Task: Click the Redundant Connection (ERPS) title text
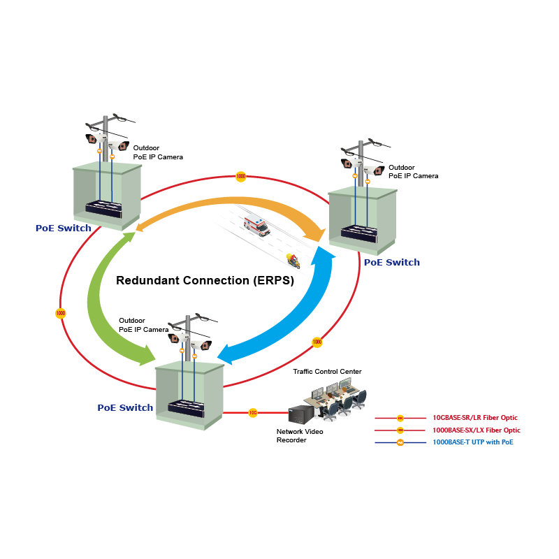[x=205, y=281]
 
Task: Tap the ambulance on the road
[x=256, y=226]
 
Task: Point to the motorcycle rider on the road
[x=293, y=261]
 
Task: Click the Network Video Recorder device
[x=302, y=414]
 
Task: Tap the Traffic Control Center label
[x=327, y=372]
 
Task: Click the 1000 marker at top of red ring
[x=240, y=177]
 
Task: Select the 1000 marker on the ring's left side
[x=61, y=313]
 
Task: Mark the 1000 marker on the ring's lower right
[x=317, y=342]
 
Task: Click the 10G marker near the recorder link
[x=253, y=413]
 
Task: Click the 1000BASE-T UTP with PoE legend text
[x=467, y=442]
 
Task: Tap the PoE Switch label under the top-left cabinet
[x=64, y=228]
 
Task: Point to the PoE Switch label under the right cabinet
[x=392, y=263]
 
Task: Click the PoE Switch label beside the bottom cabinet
[x=125, y=408]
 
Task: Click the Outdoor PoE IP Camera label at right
[x=413, y=172]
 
